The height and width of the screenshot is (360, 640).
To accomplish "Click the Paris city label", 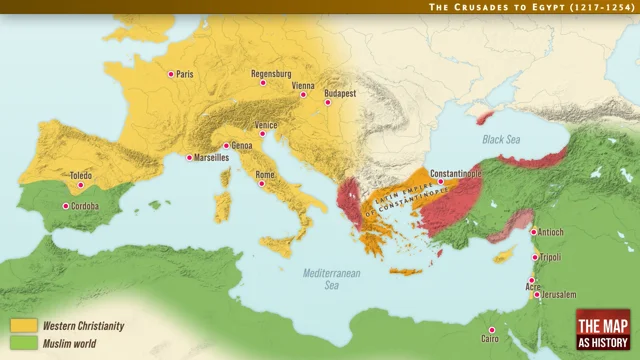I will [184, 74].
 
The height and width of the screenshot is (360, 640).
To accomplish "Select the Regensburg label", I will [271, 73].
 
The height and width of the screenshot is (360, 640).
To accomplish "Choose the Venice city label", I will [266, 125].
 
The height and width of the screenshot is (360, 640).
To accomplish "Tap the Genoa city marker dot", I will [225, 146].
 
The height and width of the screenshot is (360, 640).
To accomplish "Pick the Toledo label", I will [81, 176].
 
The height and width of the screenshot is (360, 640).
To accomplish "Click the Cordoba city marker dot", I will [66, 206].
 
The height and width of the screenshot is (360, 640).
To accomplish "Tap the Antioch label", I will [551, 232].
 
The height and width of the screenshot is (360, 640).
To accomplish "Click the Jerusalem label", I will [557, 295].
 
